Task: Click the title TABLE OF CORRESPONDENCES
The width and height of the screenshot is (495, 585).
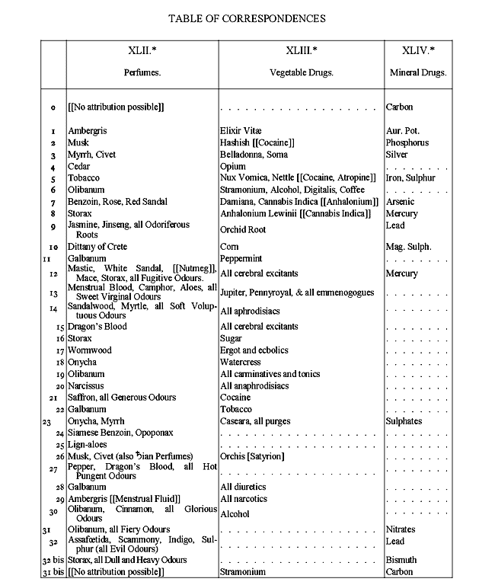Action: click(x=247, y=16)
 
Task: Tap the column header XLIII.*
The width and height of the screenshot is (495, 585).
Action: click(x=302, y=50)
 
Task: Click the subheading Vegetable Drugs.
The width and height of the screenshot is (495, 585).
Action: click(x=302, y=73)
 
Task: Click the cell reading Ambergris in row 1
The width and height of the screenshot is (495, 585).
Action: click(x=89, y=131)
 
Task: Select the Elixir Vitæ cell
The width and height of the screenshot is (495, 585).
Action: click(x=240, y=131)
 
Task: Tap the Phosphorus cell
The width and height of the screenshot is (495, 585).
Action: click(x=407, y=142)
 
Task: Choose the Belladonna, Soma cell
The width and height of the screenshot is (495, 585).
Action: click(x=251, y=155)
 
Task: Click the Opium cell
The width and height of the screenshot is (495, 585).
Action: click(x=232, y=166)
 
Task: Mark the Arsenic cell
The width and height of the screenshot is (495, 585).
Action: click(x=401, y=202)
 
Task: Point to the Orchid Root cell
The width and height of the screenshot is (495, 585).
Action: click(x=243, y=230)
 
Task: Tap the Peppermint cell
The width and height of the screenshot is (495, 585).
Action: click(x=241, y=259)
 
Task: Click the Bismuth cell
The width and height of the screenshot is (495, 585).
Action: click(x=401, y=560)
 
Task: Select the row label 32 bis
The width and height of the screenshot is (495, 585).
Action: click(x=51, y=560)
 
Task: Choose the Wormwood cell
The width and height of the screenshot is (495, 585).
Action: click(x=89, y=350)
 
